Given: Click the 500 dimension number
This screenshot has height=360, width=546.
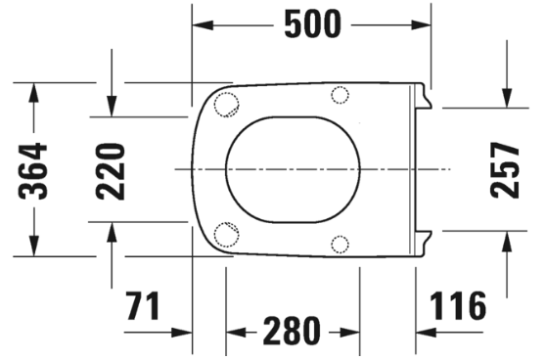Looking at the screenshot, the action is click(x=312, y=24).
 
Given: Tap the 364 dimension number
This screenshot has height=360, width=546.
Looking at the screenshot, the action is click(x=32, y=170).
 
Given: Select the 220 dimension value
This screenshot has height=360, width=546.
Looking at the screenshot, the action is click(x=111, y=171).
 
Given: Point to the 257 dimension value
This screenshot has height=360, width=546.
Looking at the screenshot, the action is click(x=505, y=170).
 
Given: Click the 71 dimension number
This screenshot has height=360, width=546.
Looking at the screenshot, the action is click(x=143, y=306).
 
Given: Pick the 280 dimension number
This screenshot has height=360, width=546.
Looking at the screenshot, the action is click(x=292, y=331).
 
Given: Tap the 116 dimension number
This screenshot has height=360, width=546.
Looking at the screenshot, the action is click(x=458, y=306).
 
